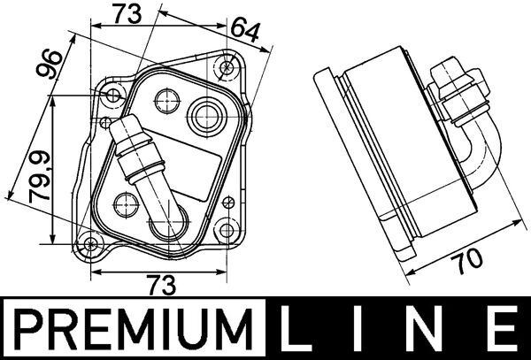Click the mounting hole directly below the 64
click(228, 66)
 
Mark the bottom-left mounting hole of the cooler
click(91, 245)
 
